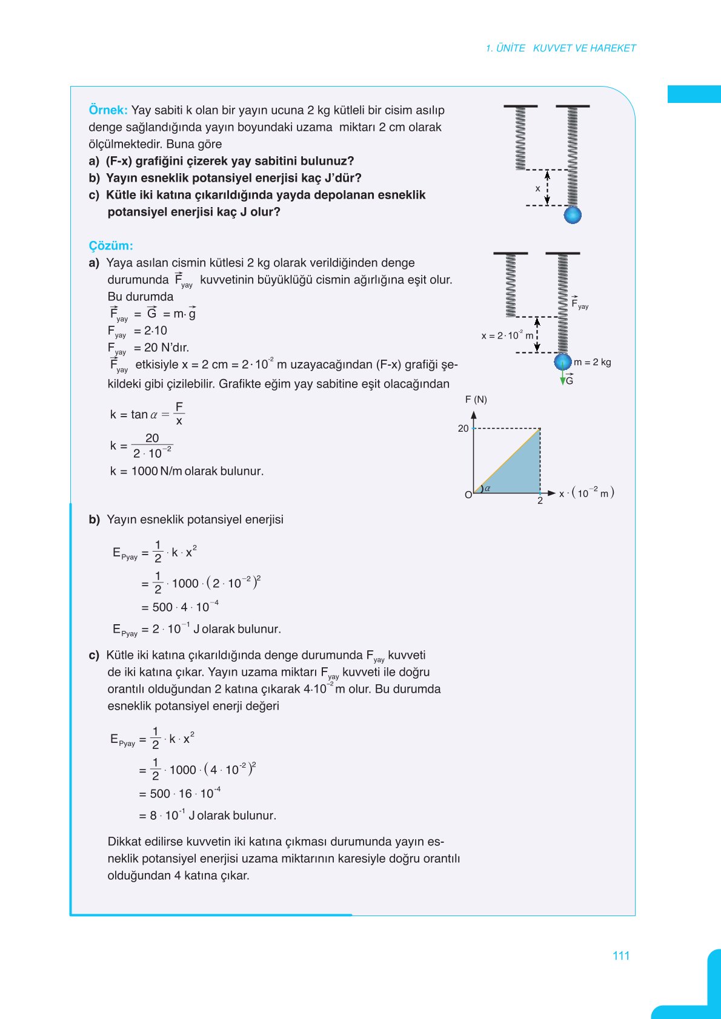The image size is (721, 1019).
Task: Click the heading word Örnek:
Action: pyautogui.click(x=108, y=110)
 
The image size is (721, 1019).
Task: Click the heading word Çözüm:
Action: pyautogui.click(x=110, y=246)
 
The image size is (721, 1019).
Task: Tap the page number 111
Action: pyautogui.click(x=621, y=956)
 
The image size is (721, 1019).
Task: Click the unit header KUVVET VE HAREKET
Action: pyautogui.click(x=584, y=48)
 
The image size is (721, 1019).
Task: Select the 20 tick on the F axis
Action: pyautogui.click(x=463, y=429)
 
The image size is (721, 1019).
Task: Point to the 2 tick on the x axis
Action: pyautogui.click(x=540, y=501)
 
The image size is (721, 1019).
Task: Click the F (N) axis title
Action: pyautogui.click(x=476, y=400)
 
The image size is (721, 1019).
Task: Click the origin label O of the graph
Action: pyautogui.click(x=468, y=495)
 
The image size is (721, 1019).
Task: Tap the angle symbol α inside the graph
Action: pyautogui.click(x=487, y=488)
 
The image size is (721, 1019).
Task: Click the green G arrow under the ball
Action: pyautogui.click(x=563, y=378)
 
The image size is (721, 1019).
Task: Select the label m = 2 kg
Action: pyautogui.click(x=592, y=362)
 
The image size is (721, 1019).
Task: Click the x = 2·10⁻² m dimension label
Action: pyautogui.click(x=507, y=335)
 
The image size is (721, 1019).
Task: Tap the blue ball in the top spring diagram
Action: pyautogui.click(x=573, y=215)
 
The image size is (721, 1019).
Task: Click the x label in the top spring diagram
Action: pyautogui.click(x=537, y=188)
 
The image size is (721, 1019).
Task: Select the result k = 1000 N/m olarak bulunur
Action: pyautogui.click(x=187, y=471)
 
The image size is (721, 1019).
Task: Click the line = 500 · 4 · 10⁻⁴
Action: pyautogui.click(x=179, y=607)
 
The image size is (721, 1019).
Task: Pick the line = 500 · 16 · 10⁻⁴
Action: pyautogui.click(x=179, y=793)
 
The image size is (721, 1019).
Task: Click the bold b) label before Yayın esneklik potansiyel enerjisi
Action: pyautogui.click(x=94, y=519)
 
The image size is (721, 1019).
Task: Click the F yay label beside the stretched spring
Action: pyautogui.click(x=579, y=304)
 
